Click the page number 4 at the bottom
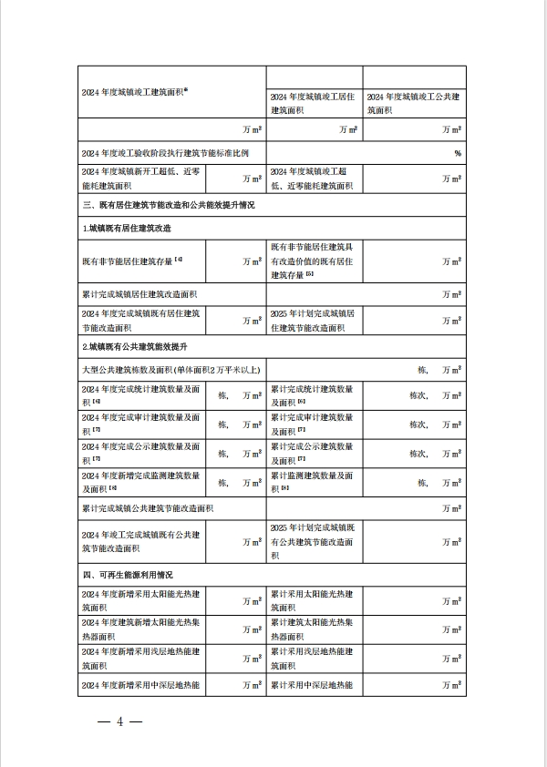(119, 722)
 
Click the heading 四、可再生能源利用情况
(128, 576)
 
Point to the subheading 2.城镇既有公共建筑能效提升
(135, 348)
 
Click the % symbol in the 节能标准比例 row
(458, 153)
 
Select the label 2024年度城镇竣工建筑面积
(135, 91)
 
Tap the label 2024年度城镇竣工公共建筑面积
(412, 103)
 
